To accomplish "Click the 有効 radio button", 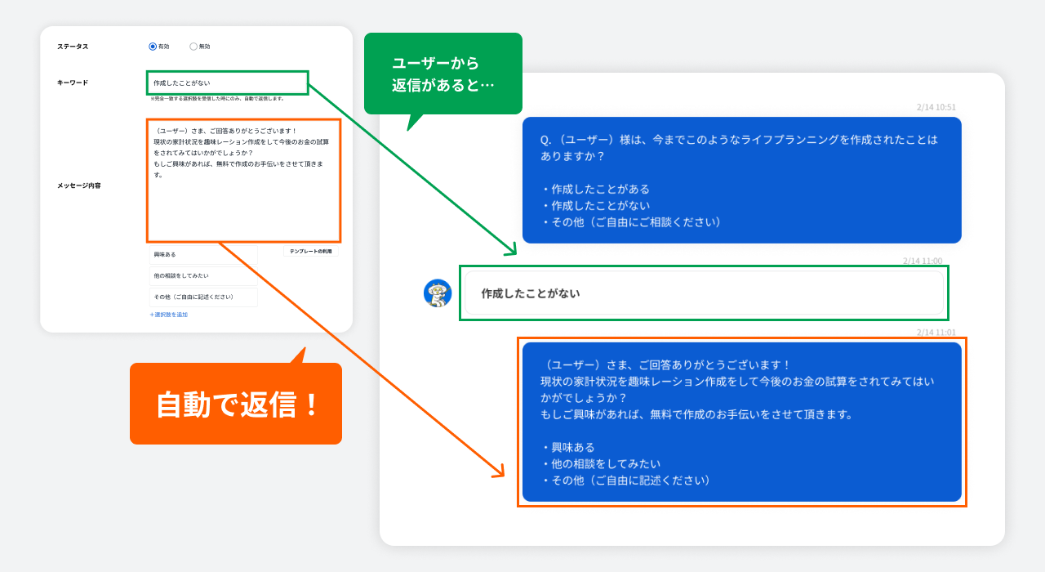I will [x=153, y=47].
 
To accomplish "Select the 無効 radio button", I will [x=193, y=47].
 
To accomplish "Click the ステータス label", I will [x=73, y=47].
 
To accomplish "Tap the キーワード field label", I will [x=73, y=83].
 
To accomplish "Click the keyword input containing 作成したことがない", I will [x=227, y=83].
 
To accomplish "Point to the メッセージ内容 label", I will [x=79, y=185].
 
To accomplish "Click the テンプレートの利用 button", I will [x=310, y=252].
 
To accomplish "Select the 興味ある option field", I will [x=203, y=255].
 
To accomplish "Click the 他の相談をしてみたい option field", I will [x=203, y=276].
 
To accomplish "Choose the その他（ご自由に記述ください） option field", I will [x=203, y=297].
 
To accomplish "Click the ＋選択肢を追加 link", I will [x=169, y=315].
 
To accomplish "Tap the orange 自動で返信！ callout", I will [x=236, y=404].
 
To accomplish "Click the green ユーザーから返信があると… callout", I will [x=442, y=74].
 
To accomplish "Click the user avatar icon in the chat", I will [x=438, y=293].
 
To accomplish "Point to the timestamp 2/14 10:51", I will [x=936, y=107].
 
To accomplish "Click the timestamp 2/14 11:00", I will [x=922, y=261].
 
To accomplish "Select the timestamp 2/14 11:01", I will [x=936, y=333].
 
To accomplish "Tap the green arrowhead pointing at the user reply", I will [x=511, y=251].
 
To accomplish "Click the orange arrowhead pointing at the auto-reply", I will [x=499, y=472].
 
